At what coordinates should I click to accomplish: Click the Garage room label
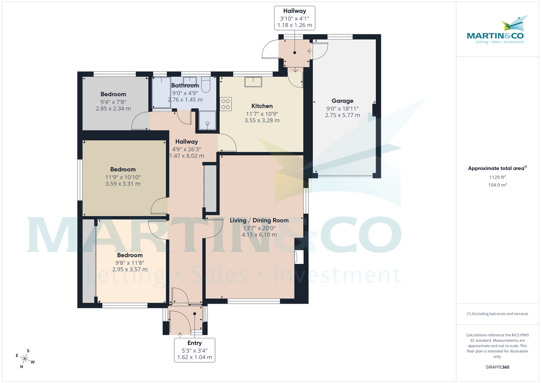pos(342,101)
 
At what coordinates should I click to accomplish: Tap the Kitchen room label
pos(261,106)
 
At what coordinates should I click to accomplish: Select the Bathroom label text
pos(185,86)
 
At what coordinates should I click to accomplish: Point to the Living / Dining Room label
pos(259,221)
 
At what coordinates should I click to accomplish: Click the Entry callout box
pos(194,350)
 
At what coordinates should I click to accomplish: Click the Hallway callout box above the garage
pos(294,18)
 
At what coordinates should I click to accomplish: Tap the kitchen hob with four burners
pos(225,104)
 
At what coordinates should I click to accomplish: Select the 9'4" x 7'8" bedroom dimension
pos(113,102)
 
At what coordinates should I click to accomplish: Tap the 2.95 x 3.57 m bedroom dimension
pos(130,269)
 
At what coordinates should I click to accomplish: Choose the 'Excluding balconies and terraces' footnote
pos(497,314)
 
